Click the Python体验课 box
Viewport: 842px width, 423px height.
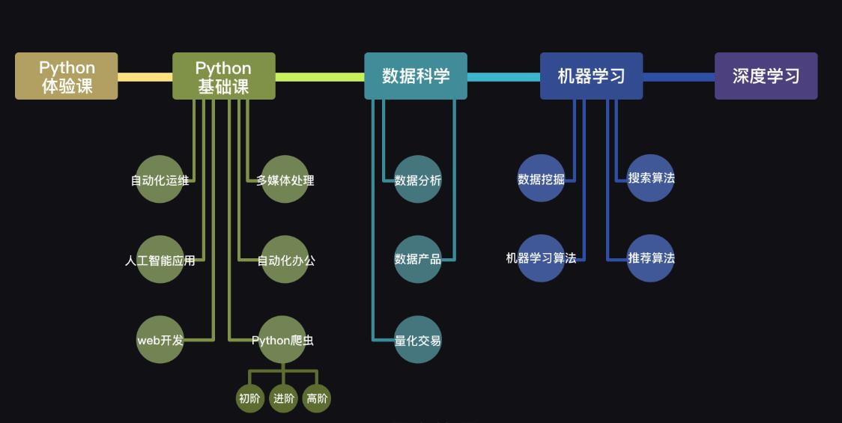67,76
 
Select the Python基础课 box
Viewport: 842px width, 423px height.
223,76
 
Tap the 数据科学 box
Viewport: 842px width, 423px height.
416,76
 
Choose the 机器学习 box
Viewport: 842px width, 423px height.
591,76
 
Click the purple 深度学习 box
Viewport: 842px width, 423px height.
766,76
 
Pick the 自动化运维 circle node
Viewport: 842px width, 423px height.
160,180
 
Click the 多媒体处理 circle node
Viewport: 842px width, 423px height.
285,180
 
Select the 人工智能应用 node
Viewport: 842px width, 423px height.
160,260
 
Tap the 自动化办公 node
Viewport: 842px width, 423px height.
285,260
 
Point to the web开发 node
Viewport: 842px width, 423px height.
160,340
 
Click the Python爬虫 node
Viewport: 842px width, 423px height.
282,340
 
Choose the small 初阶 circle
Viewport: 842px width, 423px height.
249,398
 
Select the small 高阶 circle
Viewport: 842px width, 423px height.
317,398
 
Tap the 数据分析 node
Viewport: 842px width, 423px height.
418,180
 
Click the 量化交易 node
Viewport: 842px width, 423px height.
418,340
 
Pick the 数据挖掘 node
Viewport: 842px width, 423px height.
541,179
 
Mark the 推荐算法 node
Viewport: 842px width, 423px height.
651,258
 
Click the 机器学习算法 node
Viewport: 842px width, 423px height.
541,258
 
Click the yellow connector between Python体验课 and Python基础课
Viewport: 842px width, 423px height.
145,76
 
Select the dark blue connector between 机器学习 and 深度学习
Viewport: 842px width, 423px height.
679,76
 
